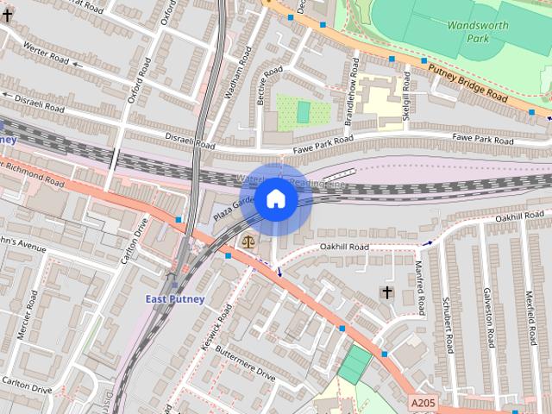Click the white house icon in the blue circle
[275, 199]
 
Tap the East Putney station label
[175, 299]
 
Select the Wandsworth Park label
[477, 32]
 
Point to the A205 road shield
[422, 402]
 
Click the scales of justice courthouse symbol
[249, 243]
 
